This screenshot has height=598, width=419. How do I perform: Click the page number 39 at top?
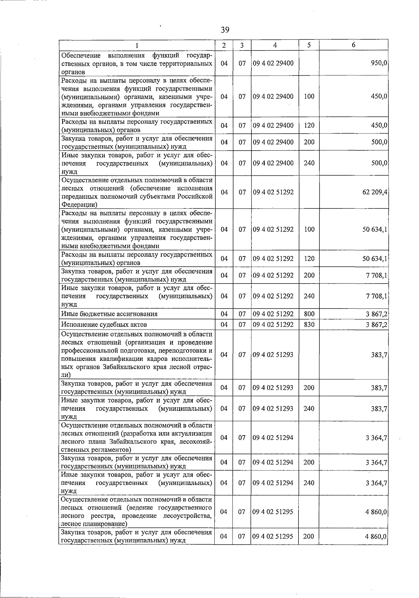pos(225,30)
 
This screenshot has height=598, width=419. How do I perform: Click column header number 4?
pos(275,45)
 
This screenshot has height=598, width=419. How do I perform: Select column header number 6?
pos(353,45)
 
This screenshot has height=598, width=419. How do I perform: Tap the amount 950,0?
pos(379,63)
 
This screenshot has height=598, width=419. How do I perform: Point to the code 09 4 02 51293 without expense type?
pos(273,355)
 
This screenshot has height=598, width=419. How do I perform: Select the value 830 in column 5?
pos(309,325)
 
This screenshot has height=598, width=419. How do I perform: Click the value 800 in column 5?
pos(309,314)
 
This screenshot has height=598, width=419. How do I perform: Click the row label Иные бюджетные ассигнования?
pos(109,314)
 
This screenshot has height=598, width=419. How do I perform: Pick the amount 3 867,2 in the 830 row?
pos(376,325)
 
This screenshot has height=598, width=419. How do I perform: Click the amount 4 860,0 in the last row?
pos(376,537)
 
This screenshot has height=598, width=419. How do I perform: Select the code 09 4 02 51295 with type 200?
pos(273,537)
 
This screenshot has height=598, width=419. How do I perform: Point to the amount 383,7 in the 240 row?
pos(379,409)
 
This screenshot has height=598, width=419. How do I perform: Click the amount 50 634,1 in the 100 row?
pos(375,229)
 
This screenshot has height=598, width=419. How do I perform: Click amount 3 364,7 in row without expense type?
pos(376,438)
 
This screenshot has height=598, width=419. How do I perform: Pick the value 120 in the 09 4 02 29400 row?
pos(309,126)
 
